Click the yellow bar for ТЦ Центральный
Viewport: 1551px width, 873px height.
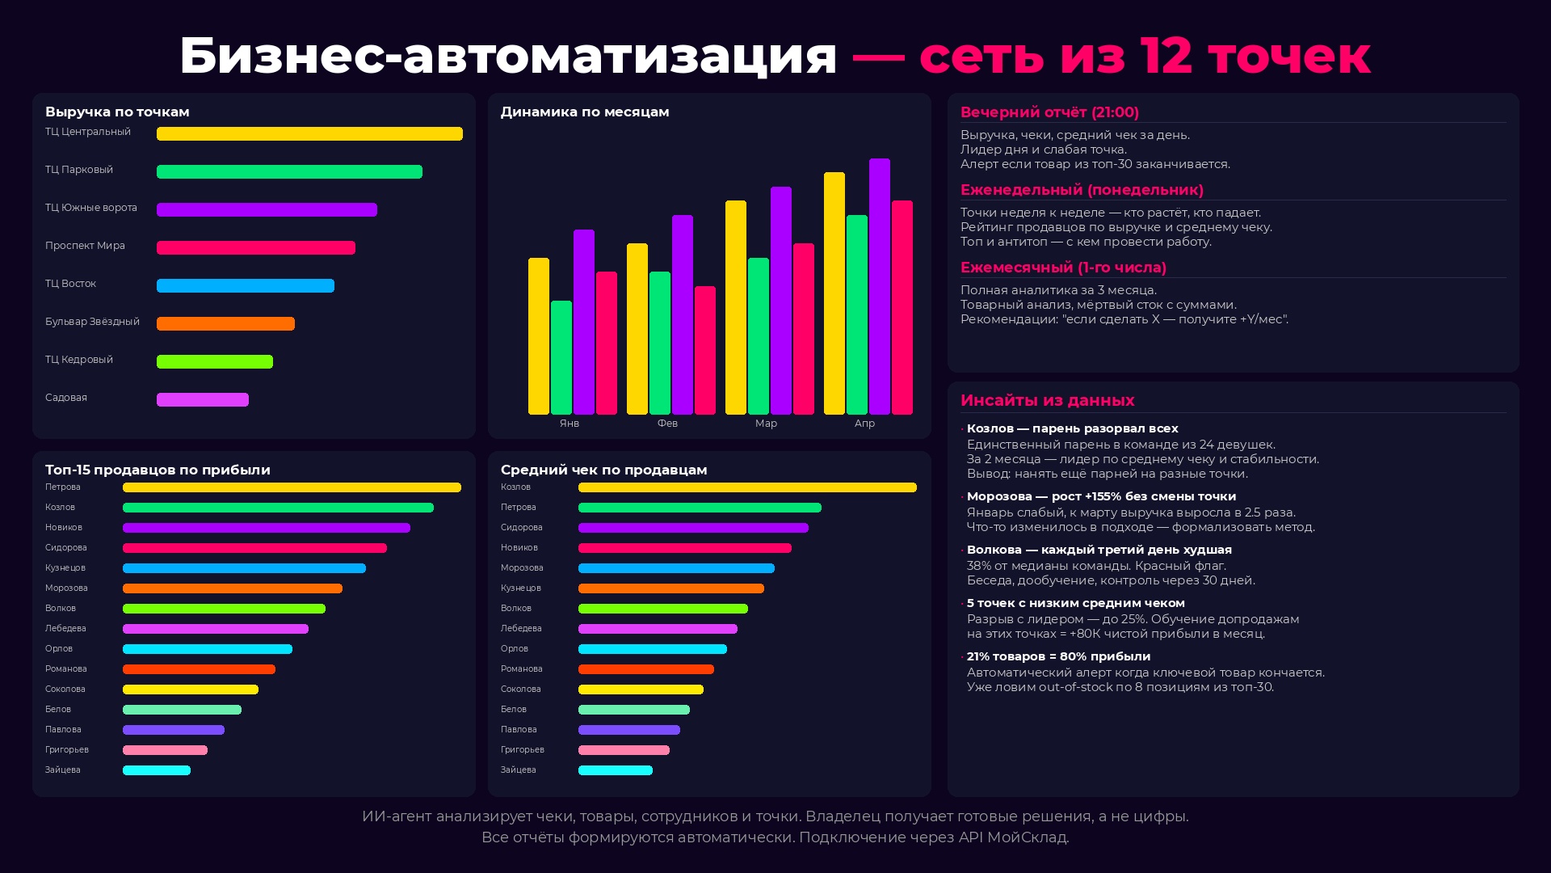tap(309, 134)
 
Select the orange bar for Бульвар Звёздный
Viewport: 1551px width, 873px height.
tap(225, 324)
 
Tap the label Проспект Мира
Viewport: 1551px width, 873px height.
tap(85, 246)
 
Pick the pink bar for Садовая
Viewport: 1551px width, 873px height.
tap(203, 400)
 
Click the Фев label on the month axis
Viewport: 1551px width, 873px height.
tap(667, 424)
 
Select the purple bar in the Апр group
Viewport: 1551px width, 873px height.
tap(880, 287)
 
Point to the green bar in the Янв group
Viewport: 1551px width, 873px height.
tap(561, 358)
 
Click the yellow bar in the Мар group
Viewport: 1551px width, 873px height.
tap(736, 308)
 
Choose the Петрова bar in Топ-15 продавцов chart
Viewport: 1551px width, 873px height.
tap(292, 487)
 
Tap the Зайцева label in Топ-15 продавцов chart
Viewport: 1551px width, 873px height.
tap(63, 770)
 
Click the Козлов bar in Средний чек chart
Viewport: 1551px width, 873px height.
tap(747, 487)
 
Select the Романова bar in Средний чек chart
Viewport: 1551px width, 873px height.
tap(646, 669)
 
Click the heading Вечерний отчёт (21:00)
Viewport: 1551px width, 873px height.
tap(1049, 112)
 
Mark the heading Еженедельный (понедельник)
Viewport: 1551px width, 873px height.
tap(1082, 190)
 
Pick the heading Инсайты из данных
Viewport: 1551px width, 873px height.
tap(1047, 400)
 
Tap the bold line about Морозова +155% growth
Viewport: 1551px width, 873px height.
tap(1101, 496)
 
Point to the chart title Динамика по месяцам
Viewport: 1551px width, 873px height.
tap(585, 112)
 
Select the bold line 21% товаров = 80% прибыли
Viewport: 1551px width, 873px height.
tap(1058, 656)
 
